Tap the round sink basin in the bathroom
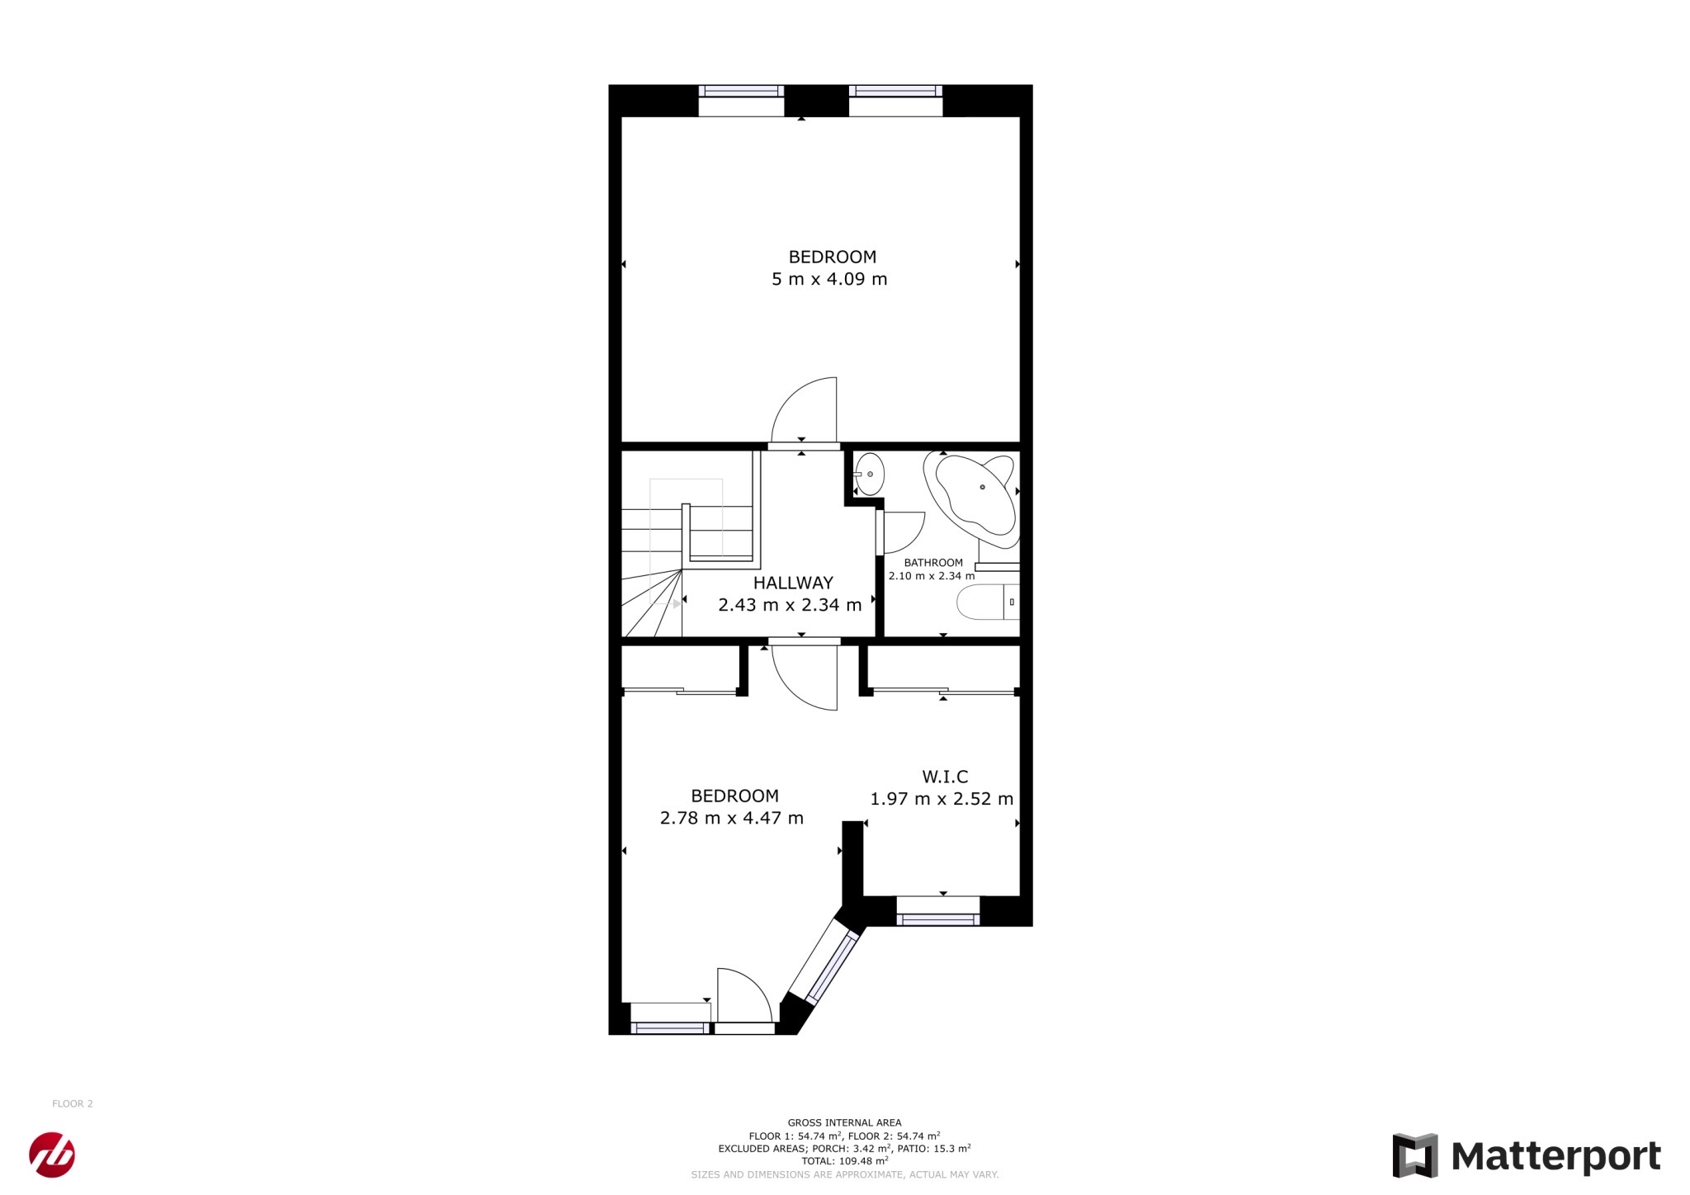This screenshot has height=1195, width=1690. [x=869, y=475]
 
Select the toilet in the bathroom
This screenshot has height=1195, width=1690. [x=989, y=602]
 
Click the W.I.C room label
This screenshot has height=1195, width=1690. [x=945, y=777]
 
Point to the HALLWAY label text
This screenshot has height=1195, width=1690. [x=793, y=583]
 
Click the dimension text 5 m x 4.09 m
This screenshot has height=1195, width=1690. [x=829, y=279]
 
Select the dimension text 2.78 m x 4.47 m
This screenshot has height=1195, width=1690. [x=732, y=818]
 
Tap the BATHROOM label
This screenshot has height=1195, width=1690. [x=933, y=563]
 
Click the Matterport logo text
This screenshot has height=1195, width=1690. [x=1555, y=1157]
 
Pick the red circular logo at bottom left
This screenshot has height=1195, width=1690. [x=52, y=1155]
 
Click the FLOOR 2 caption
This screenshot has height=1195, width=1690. [x=73, y=1103]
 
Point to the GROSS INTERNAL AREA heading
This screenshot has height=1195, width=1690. [x=844, y=1122]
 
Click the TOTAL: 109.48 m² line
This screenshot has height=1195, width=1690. [x=844, y=1160]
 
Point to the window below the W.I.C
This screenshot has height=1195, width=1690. [x=938, y=911]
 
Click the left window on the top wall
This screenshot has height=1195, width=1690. [x=741, y=101]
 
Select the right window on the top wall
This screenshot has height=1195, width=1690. [x=895, y=101]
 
